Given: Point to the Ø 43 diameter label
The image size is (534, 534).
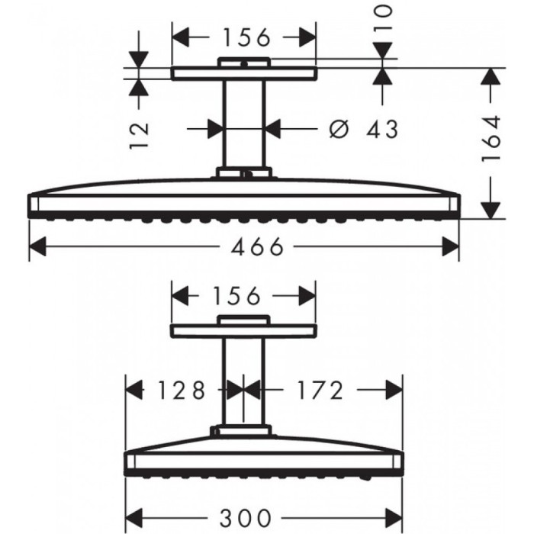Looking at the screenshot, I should click(x=364, y=129).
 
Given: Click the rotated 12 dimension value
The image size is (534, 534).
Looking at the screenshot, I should click(x=140, y=134).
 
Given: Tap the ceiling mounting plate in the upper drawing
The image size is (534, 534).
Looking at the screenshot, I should click(x=243, y=73).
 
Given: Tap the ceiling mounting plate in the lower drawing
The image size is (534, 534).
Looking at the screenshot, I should click(x=243, y=330).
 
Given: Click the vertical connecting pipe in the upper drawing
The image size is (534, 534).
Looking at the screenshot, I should click(x=243, y=126).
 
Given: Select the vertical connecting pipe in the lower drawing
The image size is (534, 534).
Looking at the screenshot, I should click(x=243, y=381).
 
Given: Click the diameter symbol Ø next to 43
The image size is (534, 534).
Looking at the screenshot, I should click(x=339, y=129).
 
